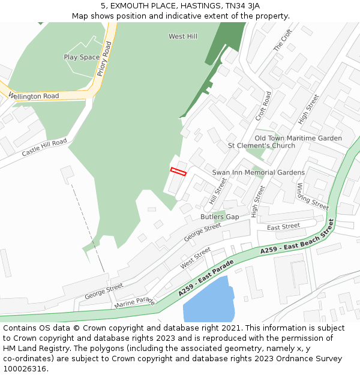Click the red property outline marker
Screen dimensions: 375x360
tap(178, 172)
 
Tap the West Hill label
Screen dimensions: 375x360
tap(182, 37)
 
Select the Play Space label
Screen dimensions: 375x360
tap(82, 58)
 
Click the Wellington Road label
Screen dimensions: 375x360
tap(34, 96)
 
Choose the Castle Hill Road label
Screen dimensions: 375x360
tap(44, 148)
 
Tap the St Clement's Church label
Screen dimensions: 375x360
tap(261, 146)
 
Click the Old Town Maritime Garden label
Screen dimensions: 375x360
tap(298, 138)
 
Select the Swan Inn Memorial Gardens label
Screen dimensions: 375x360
tap(258, 173)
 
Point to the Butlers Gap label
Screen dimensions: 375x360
tap(220, 217)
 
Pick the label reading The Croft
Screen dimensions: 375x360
tap(282, 40)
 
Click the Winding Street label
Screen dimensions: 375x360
tap(312, 196)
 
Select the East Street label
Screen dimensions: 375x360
tap(283, 227)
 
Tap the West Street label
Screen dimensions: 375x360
tap(196, 257)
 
